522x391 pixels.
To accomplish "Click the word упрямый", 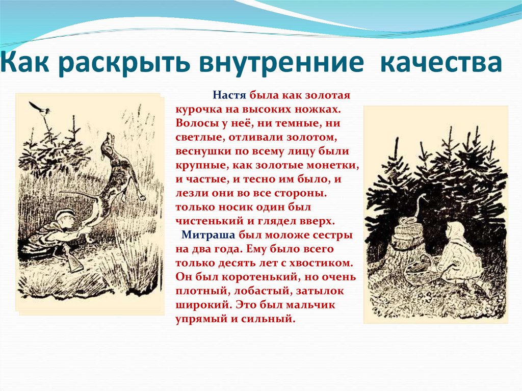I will pyautogui.click(x=198, y=319).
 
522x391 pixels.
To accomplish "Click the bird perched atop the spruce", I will pyautogui.click(x=39, y=109).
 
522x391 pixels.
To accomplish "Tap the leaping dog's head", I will pyautogui.click(x=107, y=140).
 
